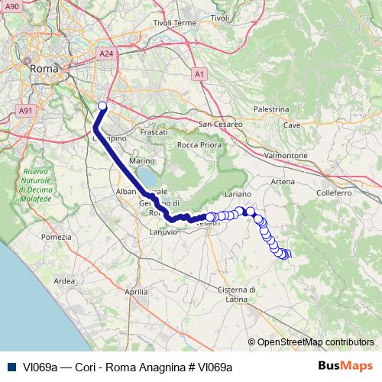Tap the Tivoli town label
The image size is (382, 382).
pos(220,18)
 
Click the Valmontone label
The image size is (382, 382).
pos(285,155)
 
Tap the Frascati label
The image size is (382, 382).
pos(154,132)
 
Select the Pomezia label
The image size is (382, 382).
pos(56,238)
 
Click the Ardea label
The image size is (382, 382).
pos(65,281)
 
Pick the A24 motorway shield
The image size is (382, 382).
pos(106,54)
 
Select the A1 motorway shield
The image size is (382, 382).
pos(199,74)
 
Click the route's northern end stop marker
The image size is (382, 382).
pos(102,106)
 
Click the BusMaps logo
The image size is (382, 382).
pos(346,366)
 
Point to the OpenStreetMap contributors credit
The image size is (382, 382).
pos(316,342)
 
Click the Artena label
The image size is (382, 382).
pos(282,182)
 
